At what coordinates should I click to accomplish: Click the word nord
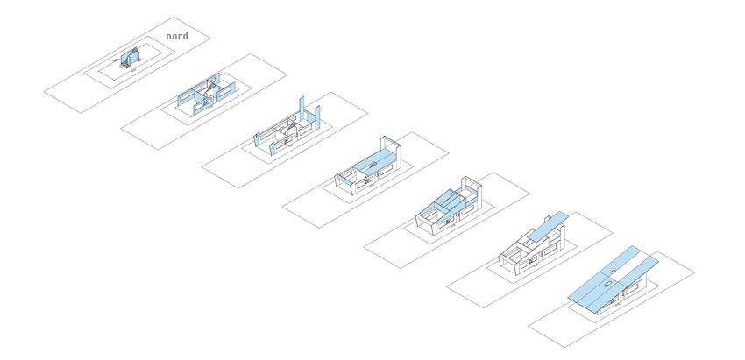[x=177, y=36]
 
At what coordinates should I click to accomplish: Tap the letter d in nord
[x=185, y=36]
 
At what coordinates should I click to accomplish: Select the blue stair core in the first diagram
[x=129, y=58]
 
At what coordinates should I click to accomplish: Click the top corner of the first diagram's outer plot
[x=173, y=18]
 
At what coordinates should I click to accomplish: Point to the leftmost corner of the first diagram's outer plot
[x=44, y=92]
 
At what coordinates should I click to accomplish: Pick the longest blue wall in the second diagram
[x=198, y=89]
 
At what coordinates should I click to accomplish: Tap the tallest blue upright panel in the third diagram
[x=302, y=109]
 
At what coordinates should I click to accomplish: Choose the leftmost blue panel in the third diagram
[x=257, y=139]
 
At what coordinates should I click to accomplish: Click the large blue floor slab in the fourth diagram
[x=375, y=159]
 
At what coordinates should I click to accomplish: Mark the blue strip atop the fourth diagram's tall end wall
[x=392, y=141]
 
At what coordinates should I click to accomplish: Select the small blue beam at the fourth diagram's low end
[x=344, y=180]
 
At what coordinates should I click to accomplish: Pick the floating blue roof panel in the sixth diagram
[x=548, y=226]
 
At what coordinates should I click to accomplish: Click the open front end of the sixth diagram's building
[x=508, y=263]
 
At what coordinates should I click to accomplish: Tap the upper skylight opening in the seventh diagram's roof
[x=613, y=272]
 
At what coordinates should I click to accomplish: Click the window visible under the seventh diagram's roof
[x=633, y=289]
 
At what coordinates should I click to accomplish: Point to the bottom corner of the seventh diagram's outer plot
[x=565, y=347]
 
